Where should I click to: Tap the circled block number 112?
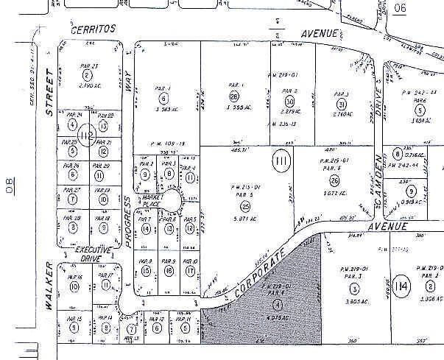pos(88,136)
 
